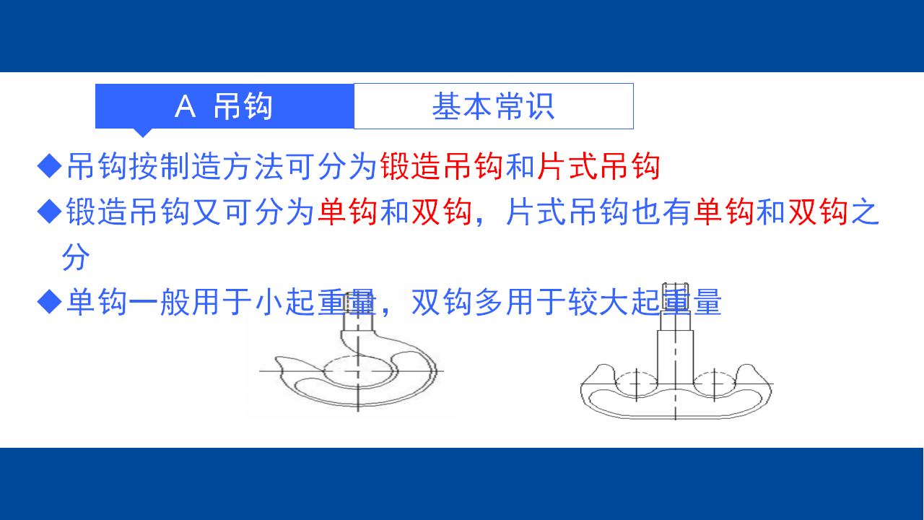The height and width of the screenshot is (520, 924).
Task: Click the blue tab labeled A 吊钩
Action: [225, 106]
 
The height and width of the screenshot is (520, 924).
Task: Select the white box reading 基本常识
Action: [494, 106]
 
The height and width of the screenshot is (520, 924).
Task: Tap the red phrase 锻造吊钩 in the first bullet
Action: [441, 166]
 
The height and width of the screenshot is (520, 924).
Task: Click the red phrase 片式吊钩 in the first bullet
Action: [598, 166]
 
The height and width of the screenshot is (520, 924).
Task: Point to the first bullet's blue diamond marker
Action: [50, 166]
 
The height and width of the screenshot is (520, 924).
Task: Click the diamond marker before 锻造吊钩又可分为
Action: [50, 211]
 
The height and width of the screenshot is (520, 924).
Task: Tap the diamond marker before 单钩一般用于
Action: [50, 301]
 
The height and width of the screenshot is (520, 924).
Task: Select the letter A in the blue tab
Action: [185, 106]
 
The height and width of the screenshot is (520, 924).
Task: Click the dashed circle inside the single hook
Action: [359, 357]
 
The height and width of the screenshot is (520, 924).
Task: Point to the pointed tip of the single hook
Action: [276, 358]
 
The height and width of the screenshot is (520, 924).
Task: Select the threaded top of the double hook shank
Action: [675, 296]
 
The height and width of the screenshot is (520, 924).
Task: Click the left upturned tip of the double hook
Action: [604, 365]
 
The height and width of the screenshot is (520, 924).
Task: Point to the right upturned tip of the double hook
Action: [746, 365]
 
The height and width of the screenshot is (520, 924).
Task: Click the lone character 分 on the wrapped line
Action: [76, 256]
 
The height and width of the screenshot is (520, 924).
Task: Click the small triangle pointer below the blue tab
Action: [143, 133]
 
